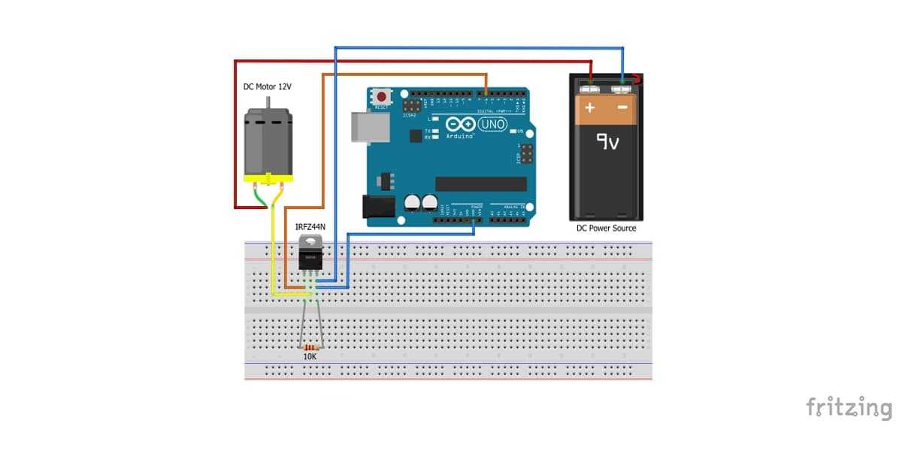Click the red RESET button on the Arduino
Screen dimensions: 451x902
[x=383, y=97]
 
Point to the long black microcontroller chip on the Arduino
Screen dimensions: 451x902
[x=481, y=183]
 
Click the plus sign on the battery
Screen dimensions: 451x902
[x=590, y=108]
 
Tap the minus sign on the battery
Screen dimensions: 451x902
[x=622, y=108]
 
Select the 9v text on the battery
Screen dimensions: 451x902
[x=607, y=141]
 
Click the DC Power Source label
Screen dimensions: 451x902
[x=606, y=228]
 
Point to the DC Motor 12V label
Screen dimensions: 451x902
[x=267, y=87]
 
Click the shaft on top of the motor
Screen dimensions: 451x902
[x=268, y=102]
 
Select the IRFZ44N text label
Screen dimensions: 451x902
[x=310, y=225]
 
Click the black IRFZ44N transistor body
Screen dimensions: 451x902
[x=310, y=258]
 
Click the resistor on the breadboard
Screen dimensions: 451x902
[x=310, y=347]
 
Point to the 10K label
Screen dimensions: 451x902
[x=310, y=357]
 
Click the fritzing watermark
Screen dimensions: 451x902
[x=849, y=407]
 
